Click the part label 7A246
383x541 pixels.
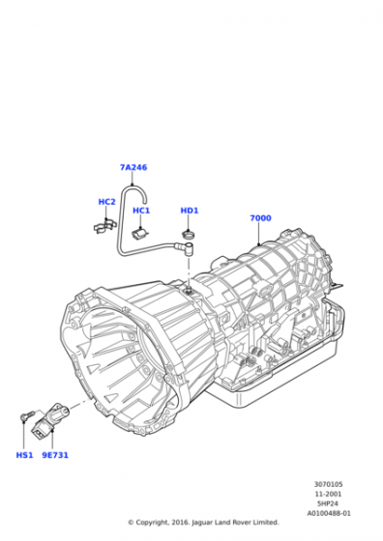(x=133, y=167)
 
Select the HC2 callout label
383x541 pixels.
(x=106, y=202)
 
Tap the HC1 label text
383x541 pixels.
(x=141, y=211)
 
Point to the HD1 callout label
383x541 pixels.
(x=190, y=211)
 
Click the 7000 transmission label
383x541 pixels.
(x=260, y=218)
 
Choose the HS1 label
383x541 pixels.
(x=24, y=455)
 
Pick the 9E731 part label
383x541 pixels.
(x=55, y=455)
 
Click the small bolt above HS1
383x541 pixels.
(x=27, y=415)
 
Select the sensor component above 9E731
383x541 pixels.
(x=49, y=420)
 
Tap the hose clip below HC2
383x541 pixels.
(x=105, y=226)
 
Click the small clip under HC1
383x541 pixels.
(x=139, y=233)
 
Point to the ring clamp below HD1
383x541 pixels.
(x=188, y=235)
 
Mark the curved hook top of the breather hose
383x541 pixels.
(x=134, y=189)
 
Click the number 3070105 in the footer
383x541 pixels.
(x=329, y=484)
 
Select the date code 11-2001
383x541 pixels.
(x=328, y=494)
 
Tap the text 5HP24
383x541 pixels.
(x=328, y=503)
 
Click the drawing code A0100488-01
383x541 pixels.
(x=329, y=513)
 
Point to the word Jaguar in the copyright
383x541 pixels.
(x=201, y=523)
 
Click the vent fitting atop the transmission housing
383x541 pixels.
(x=189, y=290)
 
